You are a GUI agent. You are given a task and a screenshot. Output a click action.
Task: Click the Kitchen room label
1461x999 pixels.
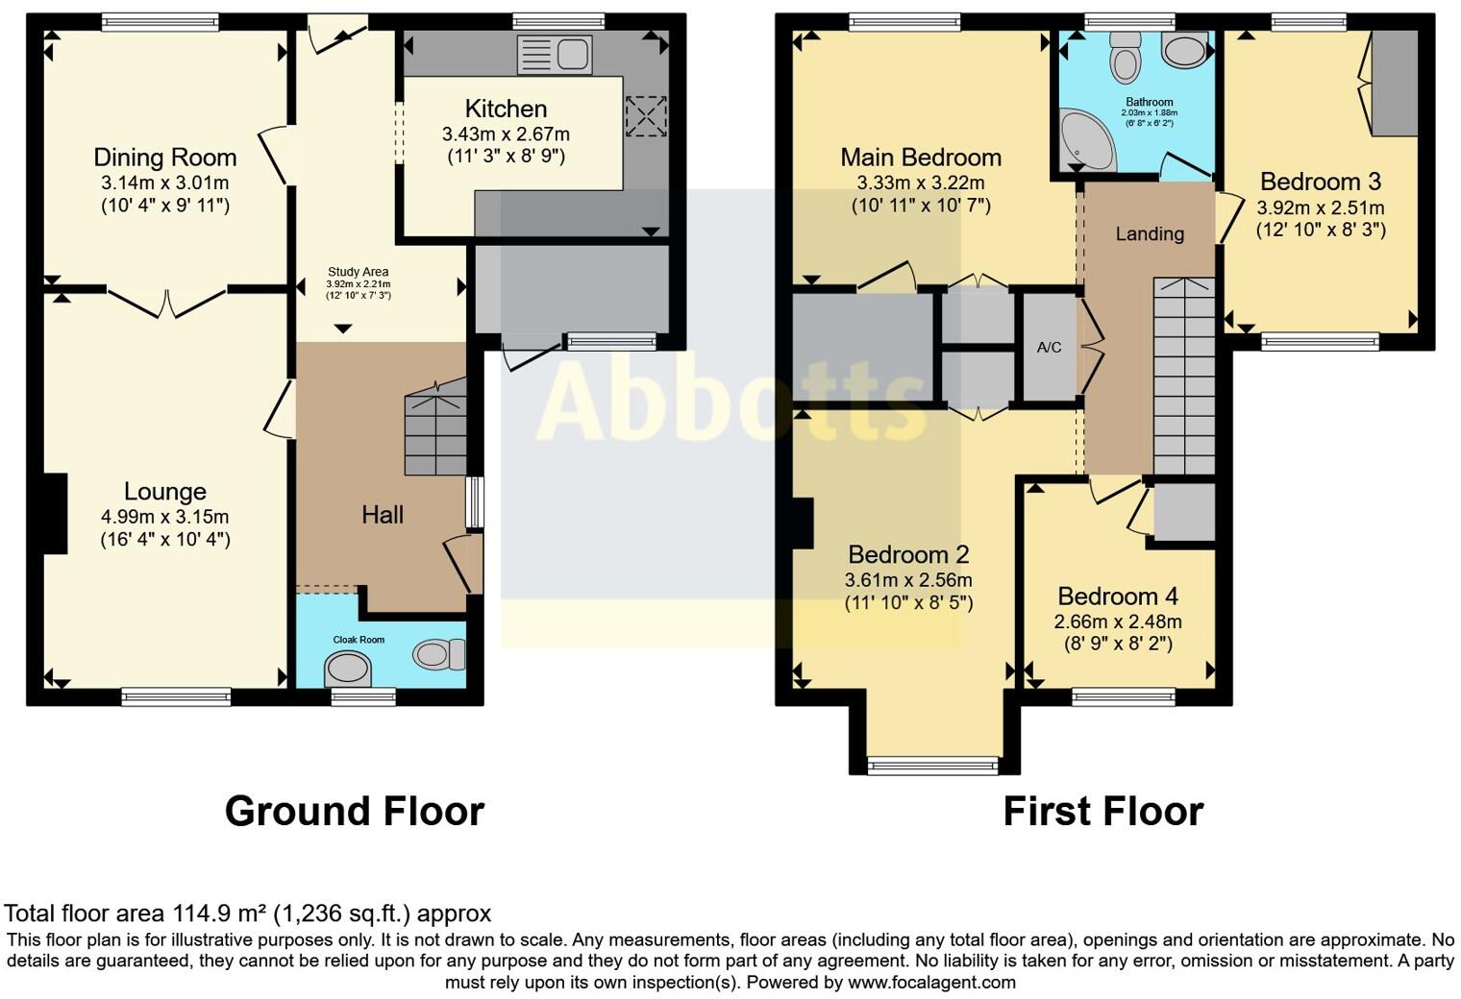point(506,109)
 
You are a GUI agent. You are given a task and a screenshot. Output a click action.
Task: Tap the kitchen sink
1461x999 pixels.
point(555,54)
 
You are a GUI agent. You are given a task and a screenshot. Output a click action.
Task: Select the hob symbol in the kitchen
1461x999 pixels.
point(645,117)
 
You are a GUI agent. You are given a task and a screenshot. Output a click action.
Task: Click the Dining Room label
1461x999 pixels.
point(164,158)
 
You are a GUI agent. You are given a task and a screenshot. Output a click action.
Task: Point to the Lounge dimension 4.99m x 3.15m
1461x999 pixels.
point(164,517)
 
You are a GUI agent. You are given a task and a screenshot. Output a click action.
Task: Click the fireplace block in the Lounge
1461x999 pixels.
point(55,513)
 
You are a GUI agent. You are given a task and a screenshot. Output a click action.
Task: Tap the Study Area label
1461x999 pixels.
point(358,272)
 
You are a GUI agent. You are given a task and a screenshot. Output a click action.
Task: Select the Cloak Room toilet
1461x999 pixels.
point(440,655)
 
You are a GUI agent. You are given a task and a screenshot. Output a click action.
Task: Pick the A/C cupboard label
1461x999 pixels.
point(1049,347)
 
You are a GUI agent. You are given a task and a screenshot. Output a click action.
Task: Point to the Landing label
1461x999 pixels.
point(1150,233)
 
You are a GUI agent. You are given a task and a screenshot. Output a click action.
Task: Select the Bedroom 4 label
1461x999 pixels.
point(1118,597)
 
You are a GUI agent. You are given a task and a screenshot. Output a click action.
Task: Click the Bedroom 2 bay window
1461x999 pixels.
point(932,765)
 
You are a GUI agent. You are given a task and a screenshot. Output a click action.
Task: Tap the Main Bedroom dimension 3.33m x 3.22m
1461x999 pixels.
point(920,183)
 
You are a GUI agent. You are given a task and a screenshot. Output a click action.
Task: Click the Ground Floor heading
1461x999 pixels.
point(354,812)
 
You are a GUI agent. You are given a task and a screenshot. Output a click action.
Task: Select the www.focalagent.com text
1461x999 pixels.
point(931,982)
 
